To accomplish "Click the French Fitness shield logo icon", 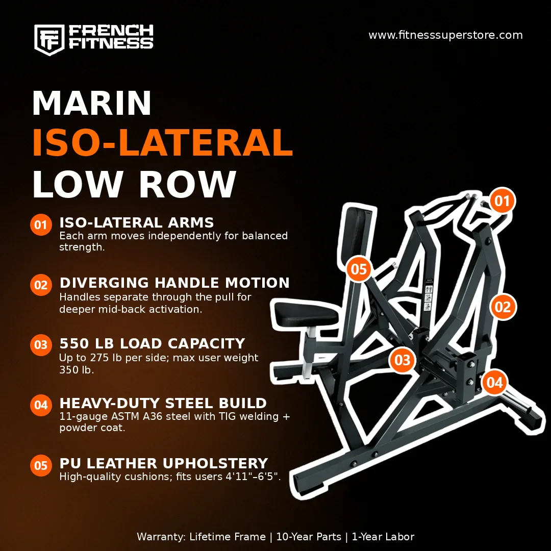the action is point(49,40).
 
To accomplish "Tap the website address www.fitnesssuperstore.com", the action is point(445,35).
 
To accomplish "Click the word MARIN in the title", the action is point(92,103).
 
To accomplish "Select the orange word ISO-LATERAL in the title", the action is point(162,143).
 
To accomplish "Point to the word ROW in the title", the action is point(188,185).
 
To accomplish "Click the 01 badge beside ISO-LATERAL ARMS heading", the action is point(41,224).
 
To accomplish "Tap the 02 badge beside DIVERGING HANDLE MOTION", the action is point(41,285).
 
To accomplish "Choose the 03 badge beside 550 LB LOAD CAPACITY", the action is point(41,345).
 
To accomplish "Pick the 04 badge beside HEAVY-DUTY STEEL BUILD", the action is point(41,405).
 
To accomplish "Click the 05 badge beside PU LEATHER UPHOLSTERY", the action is point(41,465).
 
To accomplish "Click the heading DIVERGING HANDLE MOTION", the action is point(174,283).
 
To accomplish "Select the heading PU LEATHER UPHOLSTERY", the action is point(164,463).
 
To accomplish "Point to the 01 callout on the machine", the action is point(502,201).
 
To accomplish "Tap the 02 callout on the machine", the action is point(503,307).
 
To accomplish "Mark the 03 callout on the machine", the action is point(403,360).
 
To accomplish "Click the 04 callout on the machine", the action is point(494,382).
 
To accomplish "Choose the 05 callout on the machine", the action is point(359,269).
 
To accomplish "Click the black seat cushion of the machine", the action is point(305,314).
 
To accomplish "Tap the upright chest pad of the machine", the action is point(356,232).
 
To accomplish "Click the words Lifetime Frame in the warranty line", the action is point(228,537).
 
